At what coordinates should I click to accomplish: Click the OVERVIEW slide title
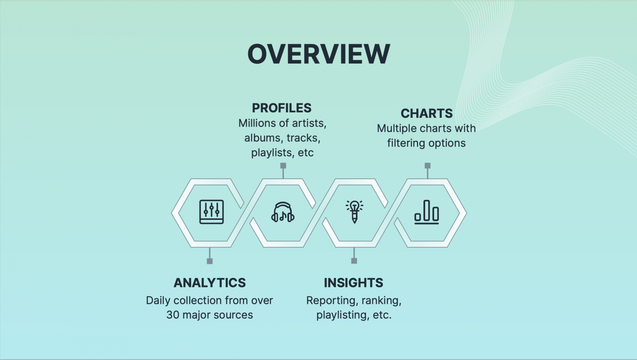point(318,54)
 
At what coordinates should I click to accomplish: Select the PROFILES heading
point(282,108)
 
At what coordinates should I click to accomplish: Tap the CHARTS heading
point(426,113)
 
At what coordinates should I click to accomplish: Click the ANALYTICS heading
point(209,283)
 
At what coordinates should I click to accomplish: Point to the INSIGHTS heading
point(353,283)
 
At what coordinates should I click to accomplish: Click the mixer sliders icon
point(212,212)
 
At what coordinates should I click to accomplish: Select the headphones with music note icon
point(283,212)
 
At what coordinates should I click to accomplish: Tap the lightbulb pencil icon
point(354,212)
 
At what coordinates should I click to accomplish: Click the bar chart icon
point(426,212)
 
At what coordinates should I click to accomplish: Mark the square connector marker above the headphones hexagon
point(283,165)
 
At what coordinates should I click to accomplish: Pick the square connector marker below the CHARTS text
point(428,165)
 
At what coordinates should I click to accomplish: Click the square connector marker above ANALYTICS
point(210,261)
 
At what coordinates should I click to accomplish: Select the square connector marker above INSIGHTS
point(354,260)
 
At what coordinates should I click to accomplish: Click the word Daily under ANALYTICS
point(158,300)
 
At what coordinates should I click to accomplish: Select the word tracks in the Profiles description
point(303,138)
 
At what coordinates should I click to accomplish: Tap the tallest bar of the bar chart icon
point(426,210)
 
